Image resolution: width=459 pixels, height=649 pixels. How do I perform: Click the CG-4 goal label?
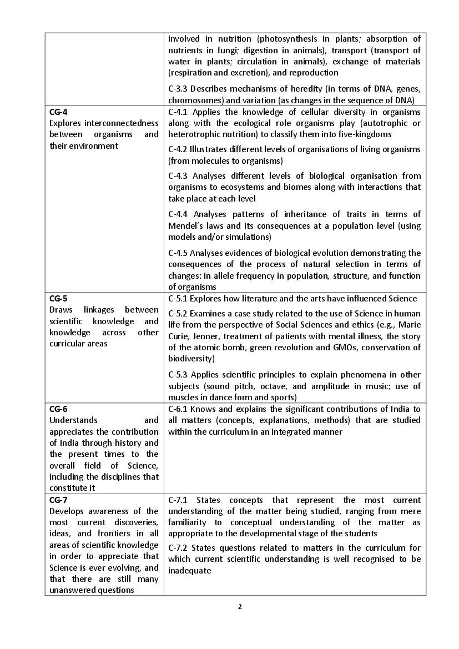[58, 112]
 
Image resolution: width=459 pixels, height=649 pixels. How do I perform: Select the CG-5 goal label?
[58, 298]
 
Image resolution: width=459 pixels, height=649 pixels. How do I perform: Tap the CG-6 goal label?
[58, 409]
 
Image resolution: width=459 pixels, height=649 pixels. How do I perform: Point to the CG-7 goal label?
[58, 500]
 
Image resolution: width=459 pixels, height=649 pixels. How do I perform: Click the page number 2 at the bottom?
[240, 606]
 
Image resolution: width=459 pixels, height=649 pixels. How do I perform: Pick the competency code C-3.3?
[178, 89]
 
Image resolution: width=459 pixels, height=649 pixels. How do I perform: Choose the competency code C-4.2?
[178, 149]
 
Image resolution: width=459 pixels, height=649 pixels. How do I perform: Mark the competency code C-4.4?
[178, 214]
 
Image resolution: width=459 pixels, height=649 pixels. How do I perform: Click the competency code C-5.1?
[178, 299]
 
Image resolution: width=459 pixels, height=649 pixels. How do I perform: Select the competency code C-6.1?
[178, 409]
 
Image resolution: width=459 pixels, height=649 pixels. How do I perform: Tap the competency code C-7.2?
[178, 548]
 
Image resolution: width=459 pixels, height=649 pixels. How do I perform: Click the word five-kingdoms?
[366, 134]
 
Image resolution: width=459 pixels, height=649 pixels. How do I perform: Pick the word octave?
[311, 386]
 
